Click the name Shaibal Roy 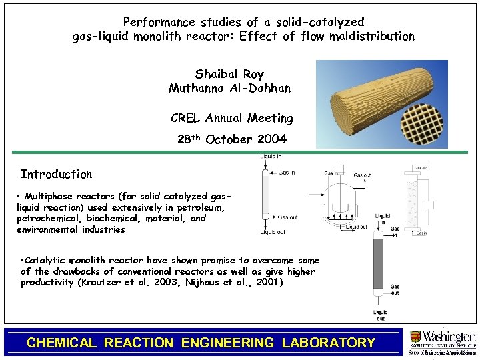point(229,74)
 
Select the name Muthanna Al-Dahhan point(229,88)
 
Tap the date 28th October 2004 point(233,139)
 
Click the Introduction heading point(56,174)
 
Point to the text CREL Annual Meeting point(232,118)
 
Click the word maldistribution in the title point(376,36)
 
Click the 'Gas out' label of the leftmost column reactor point(289,217)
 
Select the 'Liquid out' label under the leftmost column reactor point(273,232)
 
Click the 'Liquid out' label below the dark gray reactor point(380,315)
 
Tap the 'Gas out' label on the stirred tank point(363,175)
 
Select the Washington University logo point(441,341)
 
